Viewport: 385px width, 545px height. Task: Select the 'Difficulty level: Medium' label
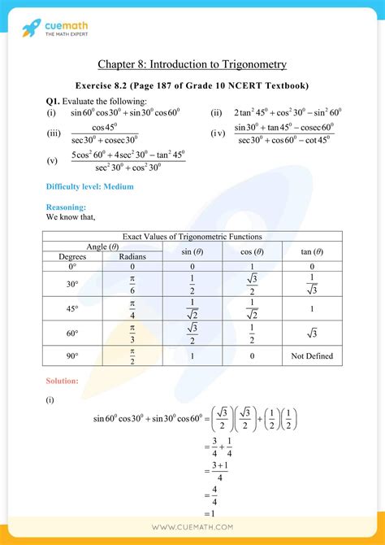click(x=90, y=186)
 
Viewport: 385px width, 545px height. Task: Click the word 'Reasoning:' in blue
click(x=66, y=207)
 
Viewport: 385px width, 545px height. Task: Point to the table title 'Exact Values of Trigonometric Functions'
click(x=192, y=236)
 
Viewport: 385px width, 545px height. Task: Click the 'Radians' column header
click(x=132, y=256)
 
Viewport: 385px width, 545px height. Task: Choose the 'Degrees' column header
click(x=72, y=256)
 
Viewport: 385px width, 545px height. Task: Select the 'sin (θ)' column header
click(x=192, y=251)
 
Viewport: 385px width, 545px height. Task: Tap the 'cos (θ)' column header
click(x=253, y=251)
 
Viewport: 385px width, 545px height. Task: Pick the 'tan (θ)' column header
click(x=313, y=251)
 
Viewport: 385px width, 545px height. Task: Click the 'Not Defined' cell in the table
click(x=313, y=356)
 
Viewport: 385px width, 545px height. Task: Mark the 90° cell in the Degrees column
click(x=72, y=356)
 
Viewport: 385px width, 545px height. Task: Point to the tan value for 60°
click(x=313, y=333)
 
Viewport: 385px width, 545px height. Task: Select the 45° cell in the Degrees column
click(x=72, y=309)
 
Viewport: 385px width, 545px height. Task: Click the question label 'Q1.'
click(x=54, y=101)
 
